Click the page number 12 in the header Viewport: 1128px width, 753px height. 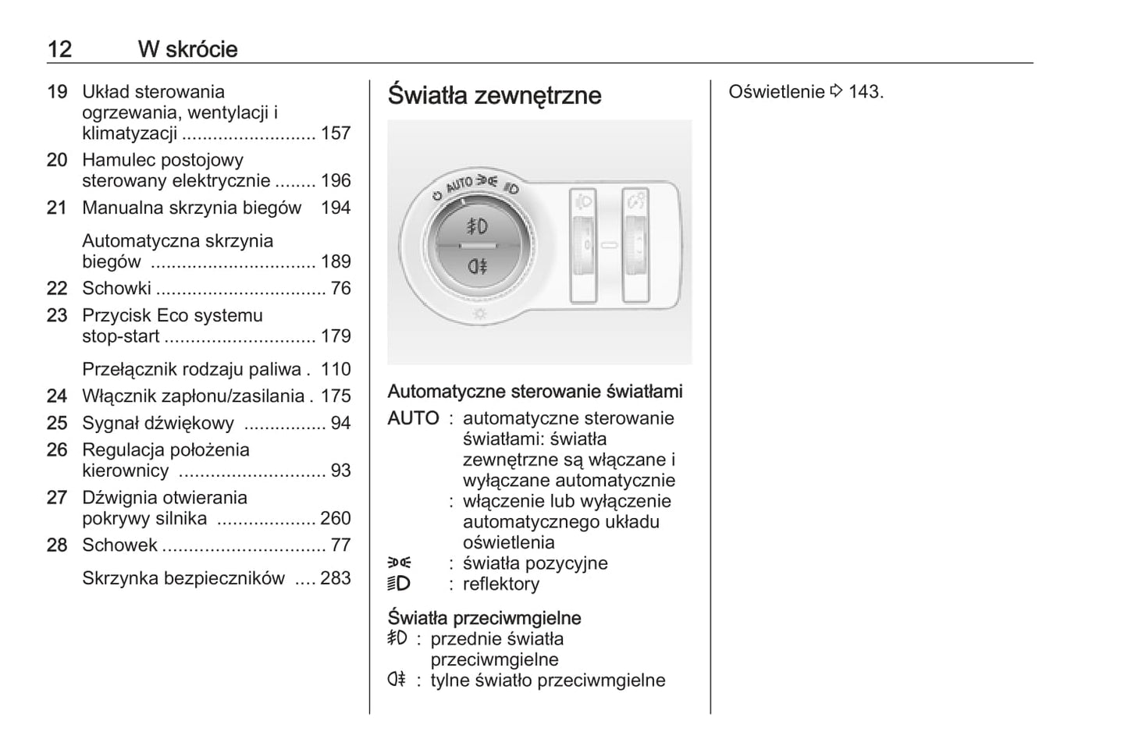(59, 49)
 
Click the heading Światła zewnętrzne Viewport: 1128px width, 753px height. (494, 95)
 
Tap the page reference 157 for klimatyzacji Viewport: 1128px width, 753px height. (336, 133)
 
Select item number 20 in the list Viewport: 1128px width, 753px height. (57, 160)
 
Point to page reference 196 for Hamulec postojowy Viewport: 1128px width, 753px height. (336, 181)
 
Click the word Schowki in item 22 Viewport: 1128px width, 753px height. (116, 289)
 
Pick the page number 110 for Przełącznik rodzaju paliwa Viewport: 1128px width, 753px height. (336, 370)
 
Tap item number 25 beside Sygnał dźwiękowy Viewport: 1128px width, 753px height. (57, 424)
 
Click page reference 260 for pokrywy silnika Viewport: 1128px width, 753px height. (336, 519)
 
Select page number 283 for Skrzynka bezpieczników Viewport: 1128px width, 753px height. (336, 579)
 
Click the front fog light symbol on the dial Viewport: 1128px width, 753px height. (477, 226)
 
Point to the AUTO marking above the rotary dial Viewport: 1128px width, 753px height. (459, 185)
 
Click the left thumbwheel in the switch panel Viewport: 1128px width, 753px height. (583, 245)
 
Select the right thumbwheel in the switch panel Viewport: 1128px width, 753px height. (635, 245)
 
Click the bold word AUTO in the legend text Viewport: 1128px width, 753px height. (413, 419)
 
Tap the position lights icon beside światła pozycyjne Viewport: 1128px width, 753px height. (399, 563)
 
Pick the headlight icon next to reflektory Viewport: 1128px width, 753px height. (398, 584)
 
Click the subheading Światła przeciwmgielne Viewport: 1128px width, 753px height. (484, 618)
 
